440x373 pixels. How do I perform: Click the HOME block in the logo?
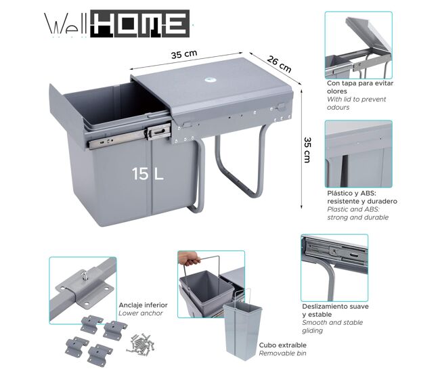coord(139,24)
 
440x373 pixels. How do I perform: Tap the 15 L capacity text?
coord(148,174)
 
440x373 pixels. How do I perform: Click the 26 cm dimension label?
coord(279,64)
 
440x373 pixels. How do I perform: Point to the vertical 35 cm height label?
coord(307,150)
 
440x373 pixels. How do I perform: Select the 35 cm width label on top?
coord(184,54)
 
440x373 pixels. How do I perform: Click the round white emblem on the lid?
coord(210,80)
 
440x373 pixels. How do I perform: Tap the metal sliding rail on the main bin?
coord(130,136)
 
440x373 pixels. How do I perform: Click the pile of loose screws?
coord(141,343)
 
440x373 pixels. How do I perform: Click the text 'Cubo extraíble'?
coord(282,345)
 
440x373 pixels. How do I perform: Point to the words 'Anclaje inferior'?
coord(143,305)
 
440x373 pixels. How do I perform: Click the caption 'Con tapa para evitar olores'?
coord(360,87)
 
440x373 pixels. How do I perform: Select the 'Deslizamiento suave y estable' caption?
coord(335,311)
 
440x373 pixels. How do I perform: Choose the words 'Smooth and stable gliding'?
coord(332,326)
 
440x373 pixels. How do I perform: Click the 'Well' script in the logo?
coord(66,24)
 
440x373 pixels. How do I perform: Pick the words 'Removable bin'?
coord(282,353)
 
